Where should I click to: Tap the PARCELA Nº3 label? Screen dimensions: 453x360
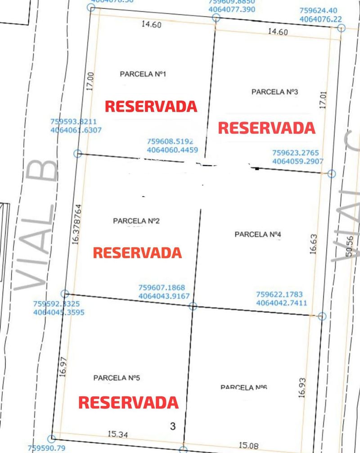point(275,92)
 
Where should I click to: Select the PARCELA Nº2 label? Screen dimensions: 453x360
point(136,221)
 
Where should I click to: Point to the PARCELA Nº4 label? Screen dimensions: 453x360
point(258,234)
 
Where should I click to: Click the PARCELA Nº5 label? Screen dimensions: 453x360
point(117,378)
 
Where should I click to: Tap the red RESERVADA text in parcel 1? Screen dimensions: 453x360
point(151,106)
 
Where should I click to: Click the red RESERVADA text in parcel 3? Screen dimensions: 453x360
point(266,128)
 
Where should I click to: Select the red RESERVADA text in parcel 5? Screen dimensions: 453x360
point(129,402)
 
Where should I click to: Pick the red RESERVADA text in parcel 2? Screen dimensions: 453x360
point(137,252)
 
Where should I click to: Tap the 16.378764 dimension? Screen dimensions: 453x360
point(77,224)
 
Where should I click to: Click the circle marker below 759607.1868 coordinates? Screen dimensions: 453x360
point(193,306)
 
